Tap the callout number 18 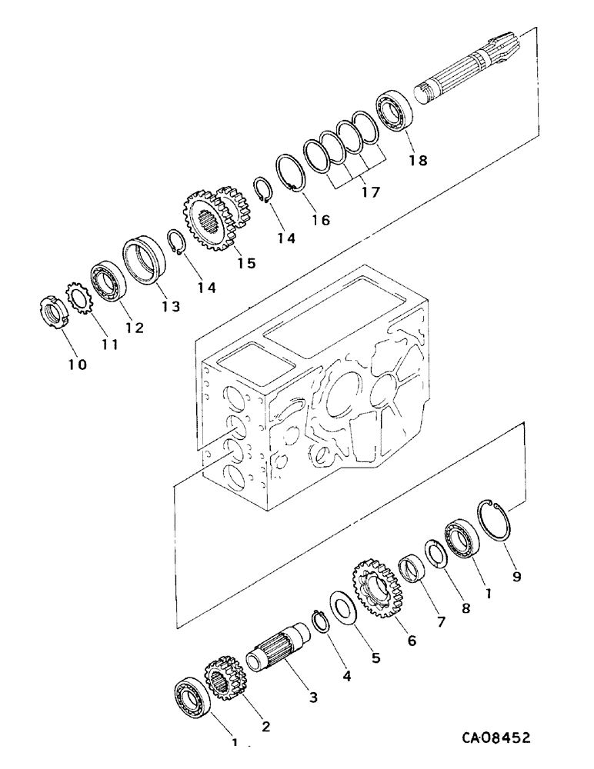coord(418,161)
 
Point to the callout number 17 coord(370,193)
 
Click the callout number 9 coord(516,574)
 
